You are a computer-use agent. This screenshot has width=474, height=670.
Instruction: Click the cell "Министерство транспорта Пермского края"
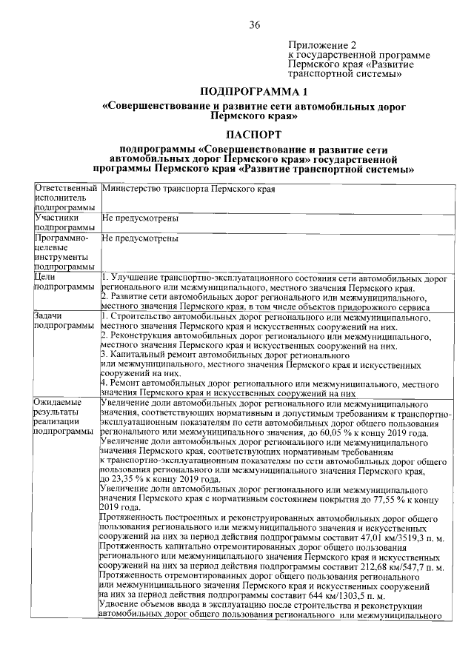tap(189, 190)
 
